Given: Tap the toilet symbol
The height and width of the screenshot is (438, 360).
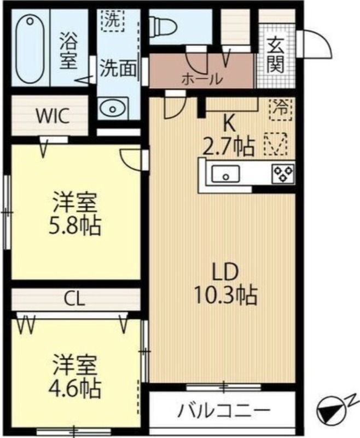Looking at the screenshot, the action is click(x=164, y=27).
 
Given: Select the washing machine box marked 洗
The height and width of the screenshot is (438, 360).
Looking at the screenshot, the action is click(x=113, y=21).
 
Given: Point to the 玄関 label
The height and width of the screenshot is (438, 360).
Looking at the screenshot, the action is click(x=276, y=58).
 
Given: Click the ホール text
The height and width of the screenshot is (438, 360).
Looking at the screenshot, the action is click(x=202, y=79).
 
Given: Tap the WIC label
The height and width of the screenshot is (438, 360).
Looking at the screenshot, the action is click(x=53, y=116).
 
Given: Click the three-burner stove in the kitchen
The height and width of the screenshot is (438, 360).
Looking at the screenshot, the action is click(x=283, y=174).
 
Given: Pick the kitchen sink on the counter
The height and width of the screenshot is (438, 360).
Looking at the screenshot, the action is click(x=225, y=174).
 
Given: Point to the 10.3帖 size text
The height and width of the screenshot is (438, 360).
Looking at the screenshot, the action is click(x=225, y=295).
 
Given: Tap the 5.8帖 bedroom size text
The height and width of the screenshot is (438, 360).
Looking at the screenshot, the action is click(x=75, y=226).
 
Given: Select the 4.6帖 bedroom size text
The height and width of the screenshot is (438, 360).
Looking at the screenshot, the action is click(x=75, y=388).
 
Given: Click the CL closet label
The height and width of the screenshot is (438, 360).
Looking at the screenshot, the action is click(x=75, y=299).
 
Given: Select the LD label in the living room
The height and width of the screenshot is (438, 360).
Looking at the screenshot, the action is click(x=225, y=272).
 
